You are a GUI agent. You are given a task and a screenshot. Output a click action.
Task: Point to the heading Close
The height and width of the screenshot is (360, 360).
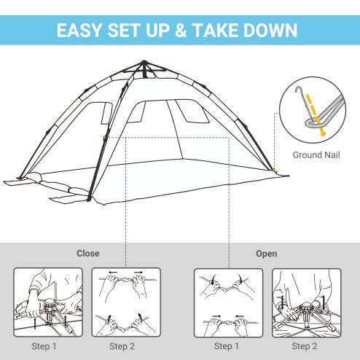tap(88, 254)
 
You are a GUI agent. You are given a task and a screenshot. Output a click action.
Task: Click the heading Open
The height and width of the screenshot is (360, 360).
tap(266, 254)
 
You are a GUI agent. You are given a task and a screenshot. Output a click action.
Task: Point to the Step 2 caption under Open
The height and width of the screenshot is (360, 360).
tap(307, 345)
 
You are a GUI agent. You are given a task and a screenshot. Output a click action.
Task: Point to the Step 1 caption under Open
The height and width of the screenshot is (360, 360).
tap(229, 345)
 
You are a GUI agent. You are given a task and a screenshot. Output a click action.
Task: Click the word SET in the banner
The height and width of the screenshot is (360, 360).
tap(134, 31)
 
